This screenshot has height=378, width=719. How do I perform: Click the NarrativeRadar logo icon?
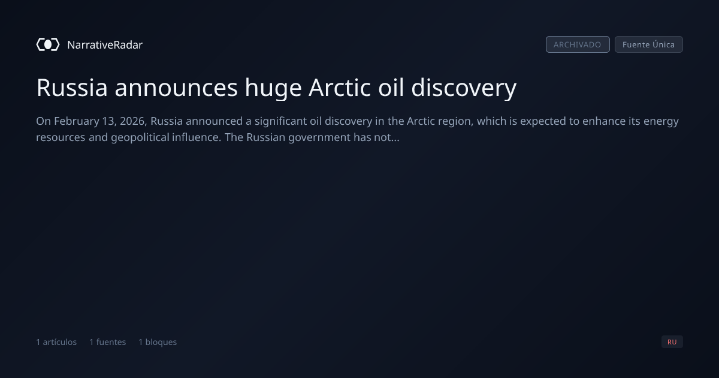tap(48, 44)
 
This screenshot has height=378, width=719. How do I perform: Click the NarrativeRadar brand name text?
tap(105, 44)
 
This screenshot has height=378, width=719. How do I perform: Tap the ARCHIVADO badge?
tap(578, 44)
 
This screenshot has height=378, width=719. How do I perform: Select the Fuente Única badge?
tap(649, 44)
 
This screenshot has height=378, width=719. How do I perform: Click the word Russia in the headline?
tap(72, 88)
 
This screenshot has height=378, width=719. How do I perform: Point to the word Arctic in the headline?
tap(340, 88)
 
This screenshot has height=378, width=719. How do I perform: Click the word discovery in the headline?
tap(464, 88)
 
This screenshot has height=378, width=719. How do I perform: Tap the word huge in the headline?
tap(273, 88)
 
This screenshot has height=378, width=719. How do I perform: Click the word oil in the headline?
tap(391, 87)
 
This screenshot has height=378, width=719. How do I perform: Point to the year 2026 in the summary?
tap(133, 121)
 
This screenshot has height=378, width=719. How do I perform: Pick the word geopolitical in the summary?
tap(140, 137)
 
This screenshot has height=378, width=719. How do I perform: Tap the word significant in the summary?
tap(280, 121)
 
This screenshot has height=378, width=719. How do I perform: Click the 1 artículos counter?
tap(56, 342)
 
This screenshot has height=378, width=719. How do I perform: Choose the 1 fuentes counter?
tap(108, 342)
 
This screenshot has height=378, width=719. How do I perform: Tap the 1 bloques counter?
tap(158, 342)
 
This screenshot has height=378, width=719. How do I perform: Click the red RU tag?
tap(672, 341)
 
